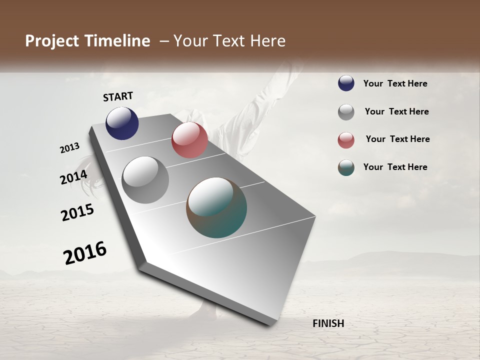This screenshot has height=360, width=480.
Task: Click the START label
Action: [x=118, y=96]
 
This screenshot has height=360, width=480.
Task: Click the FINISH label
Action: [x=328, y=323]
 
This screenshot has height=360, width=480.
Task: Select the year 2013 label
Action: [x=70, y=148]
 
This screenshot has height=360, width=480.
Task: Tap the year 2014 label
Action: [x=74, y=177]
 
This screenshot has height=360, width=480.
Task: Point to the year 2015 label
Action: [x=77, y=212]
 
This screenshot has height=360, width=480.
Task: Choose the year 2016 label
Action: [x=85, y=253]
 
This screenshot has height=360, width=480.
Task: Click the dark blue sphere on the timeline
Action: [x=122, y=123]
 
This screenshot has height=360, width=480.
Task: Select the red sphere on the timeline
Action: [x=189, y=140]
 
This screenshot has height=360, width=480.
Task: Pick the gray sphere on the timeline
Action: [x=145, y=180]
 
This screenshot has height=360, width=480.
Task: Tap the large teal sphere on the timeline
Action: [x=216, y=207]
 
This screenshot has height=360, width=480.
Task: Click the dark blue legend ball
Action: [x=346, y=83]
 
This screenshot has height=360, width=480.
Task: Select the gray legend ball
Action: [x=346, y=112]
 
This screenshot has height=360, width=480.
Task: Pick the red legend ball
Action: [x=346, y=140]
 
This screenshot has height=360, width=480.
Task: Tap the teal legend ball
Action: [x=346, y=167]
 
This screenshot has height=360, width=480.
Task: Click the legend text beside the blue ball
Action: [x=395, y=83]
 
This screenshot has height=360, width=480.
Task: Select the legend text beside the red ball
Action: [x=397, y=139]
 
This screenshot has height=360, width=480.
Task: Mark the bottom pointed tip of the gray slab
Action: [x=270, y=324]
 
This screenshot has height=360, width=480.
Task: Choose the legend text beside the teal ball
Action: [x=395, y=167]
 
